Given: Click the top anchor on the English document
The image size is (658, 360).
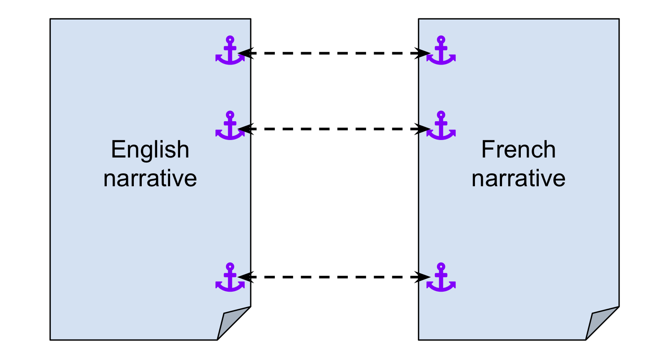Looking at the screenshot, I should pyautogui.click(x=230, y=50).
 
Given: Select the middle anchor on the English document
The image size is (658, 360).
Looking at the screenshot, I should pyautogui.click(x=230, y=125).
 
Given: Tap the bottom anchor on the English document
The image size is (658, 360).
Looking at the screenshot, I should pyautogui.click(x=230, y=277).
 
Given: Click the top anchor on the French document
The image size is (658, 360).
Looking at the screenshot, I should pyautogui.click(x=441, y=50).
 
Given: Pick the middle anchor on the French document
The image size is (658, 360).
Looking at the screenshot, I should pyautogui.click(x=441, y=125).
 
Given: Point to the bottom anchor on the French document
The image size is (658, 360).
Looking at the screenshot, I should pyautogui.click(x=441, y=277).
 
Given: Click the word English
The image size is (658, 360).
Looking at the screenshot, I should pyautogui.click(x=150, y=150).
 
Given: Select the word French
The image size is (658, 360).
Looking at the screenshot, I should pyautogui.click(x=518, y=150).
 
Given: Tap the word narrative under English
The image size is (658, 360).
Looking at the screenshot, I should pyautogui.click(x=150, y=178).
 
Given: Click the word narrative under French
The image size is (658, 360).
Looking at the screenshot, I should pyautogui.click(x=518, y=178).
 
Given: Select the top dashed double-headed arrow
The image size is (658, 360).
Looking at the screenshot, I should pyautogui.click(x=334, y=53).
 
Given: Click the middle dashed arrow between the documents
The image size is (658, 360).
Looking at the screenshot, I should pyautogui.click(x=334, y=129).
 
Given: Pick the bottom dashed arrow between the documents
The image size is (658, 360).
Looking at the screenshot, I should pyautogui.click(x=334, y=277).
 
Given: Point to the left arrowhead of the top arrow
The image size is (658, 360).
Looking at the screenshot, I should pyautogui.click(x=244, y=53).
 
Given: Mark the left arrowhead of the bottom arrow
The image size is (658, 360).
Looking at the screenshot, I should pyautogui.click(x=244, y=277).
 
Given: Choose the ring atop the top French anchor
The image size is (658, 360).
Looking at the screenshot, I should pyautogui.click(x=441, y=40).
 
